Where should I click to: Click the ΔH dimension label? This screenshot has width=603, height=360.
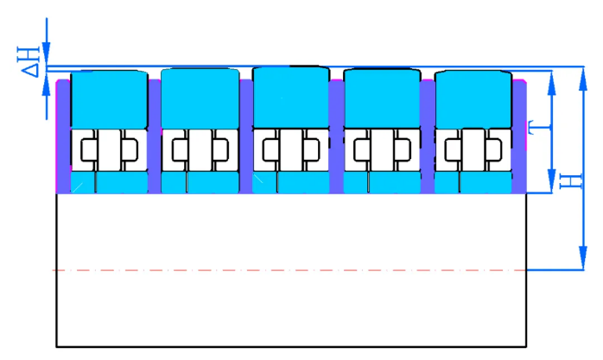(x=29, y=61)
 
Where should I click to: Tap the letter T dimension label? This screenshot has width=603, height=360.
(x=535, y=128)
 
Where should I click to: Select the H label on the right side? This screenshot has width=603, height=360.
(x=571, y=181)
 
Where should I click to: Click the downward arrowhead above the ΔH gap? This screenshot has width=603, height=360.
(x=47, y=54)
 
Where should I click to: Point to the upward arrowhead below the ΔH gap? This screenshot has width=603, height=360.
(x=47, y=84)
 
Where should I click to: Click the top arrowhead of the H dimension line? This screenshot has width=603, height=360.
(x=583, y=79)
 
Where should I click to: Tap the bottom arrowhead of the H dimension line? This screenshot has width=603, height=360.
(x=583, y=257)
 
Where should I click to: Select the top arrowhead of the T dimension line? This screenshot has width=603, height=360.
(x=552, y=84)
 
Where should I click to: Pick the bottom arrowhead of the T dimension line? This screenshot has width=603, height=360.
(x=552, y=180)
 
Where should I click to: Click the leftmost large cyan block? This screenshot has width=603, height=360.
(x=109, y=99)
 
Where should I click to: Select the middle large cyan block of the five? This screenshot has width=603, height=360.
(x=291, y=98)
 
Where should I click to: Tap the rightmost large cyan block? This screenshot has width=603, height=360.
(x=473, y=99)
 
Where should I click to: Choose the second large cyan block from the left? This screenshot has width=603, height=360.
(x=200, y=98)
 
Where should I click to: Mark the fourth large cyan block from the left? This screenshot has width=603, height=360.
(x=382, y=98)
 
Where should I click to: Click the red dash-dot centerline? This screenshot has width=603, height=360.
(x=289, y=270)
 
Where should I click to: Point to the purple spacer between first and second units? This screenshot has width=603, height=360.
(x=155, y=136)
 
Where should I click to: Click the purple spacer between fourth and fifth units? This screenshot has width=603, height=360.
(x=428, y=136)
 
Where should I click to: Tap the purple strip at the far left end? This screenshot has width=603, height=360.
(x=64, y=136)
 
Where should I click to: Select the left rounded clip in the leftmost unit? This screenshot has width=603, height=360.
(x=88, y=149)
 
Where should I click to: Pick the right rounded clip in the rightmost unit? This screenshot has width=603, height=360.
(x=494, y=149)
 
